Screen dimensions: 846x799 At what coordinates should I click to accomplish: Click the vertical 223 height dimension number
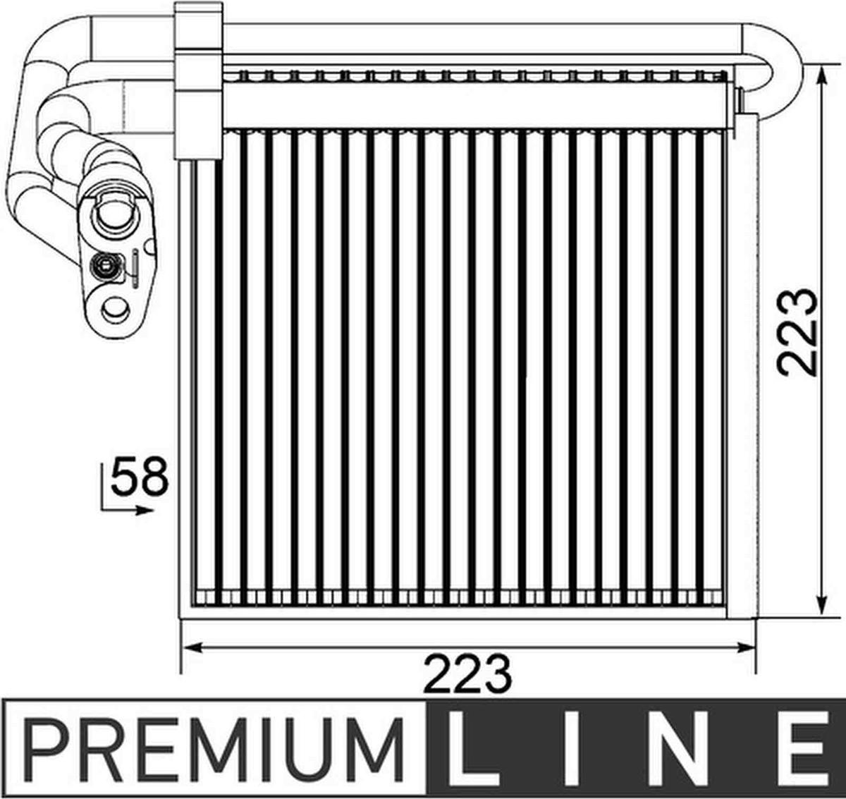click(x=796, y=332)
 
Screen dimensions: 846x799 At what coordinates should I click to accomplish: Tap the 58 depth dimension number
click(x=140, y=476)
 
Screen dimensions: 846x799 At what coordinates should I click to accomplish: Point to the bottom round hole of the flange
click(x=116, y=310)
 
